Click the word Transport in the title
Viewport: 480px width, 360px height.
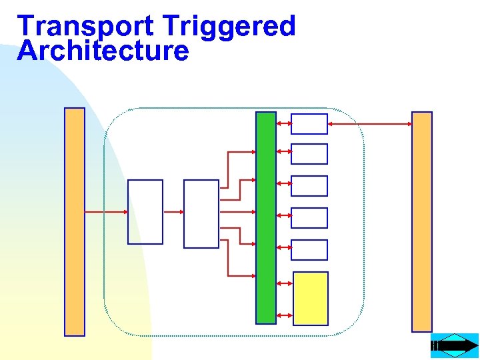(x=85, y=27)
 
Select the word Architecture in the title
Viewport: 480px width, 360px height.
(x=103, y=51)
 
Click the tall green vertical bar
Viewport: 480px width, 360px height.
(x=266, y=217)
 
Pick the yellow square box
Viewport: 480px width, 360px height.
(x=311, y=298)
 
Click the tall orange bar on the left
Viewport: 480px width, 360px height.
(x=75, y=221)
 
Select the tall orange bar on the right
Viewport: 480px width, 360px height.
(x=422, y=221)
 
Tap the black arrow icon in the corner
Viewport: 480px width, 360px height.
(x=455, y=346)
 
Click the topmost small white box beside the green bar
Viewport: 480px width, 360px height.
(x=309, y=124)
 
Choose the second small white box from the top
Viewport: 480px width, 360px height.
(x=309, y=154)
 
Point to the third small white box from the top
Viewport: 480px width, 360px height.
(x=309, y=186)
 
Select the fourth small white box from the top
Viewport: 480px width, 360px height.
(x=309, y=218)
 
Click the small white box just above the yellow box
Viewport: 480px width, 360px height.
(x=309, y=250)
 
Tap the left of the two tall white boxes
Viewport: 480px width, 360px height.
(x=145, y=212)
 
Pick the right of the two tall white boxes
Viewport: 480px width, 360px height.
(x=201, y=213)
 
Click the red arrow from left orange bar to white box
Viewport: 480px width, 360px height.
(x=106, y=212)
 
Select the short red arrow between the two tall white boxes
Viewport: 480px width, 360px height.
(x=173, y=212)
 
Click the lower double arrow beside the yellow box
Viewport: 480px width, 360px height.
(x=284, y=315)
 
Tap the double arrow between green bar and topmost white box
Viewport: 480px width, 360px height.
(x=284, y=124)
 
